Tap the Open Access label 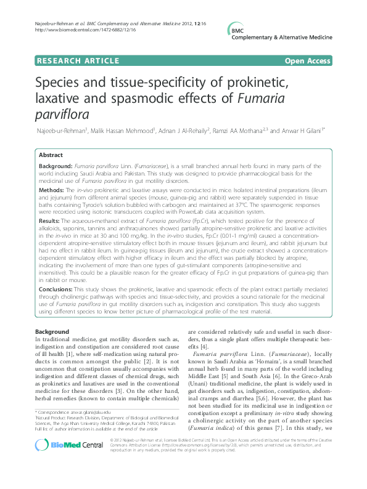click(x=308, y=60)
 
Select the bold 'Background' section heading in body click(x=52, y=332)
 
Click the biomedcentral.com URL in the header click(x=72, y=29)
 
